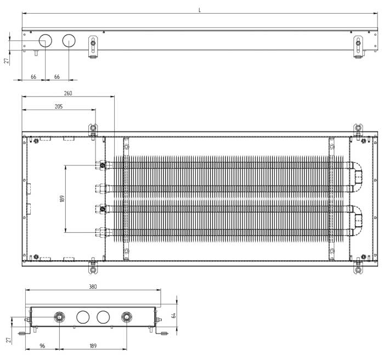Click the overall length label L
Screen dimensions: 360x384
[200, 10]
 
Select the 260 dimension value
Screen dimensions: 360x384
[68, 94]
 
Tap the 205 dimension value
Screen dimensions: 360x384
[59, 106]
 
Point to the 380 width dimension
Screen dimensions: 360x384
[93, 287]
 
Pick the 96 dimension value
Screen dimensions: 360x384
[42, 346]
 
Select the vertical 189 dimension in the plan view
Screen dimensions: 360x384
[61, 198]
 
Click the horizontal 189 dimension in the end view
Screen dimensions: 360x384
[93, 346]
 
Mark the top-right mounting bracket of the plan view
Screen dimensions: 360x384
[358, 130]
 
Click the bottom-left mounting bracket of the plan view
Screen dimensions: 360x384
[93, 268]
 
